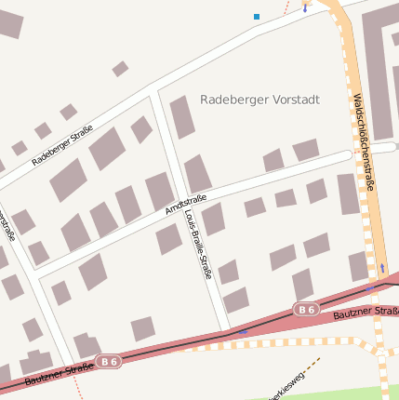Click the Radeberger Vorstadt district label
coord(259,100)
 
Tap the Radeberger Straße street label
coord(62,146)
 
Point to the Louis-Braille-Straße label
coord(199,245)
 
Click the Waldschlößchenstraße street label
coord(365,142)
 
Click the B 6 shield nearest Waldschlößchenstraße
coord(306,308)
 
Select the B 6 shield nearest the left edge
coord(109,361)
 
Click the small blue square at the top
coord(257,16)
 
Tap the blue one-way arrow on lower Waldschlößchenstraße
coord(381,268)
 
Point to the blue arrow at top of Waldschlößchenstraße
coord(305,7)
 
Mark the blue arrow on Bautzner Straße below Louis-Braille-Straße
coord(243,330)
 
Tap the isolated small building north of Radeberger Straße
coord(120,69)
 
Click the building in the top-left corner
coord(9,23)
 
